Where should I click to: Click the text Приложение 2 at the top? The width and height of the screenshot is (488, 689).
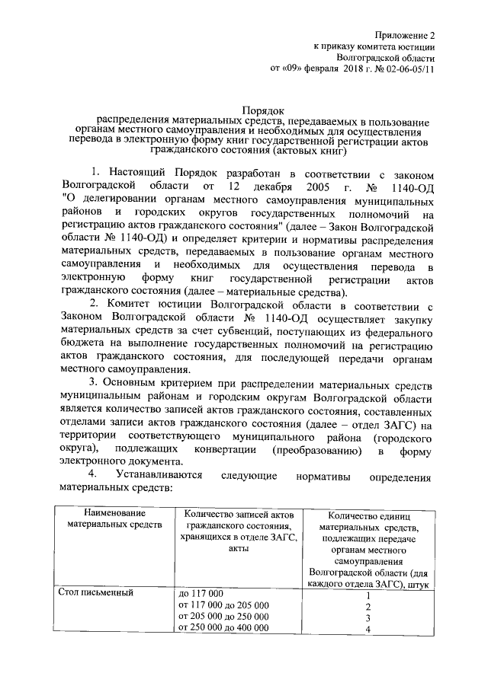tap(408, 35)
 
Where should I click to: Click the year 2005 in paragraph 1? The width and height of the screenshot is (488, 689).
tap(303, 185)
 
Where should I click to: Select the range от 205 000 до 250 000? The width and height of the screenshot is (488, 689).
tap(222, 616)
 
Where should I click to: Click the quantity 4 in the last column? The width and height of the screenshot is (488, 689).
tap(368, 630)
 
